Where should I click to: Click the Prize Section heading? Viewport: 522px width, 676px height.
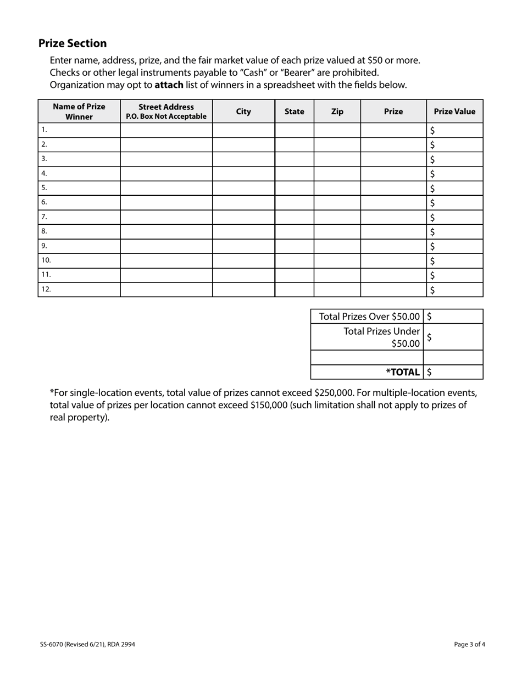tap(73, 43)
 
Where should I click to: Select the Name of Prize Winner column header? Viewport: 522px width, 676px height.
tap(79, 112)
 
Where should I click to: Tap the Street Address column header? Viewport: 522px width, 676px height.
tap(166, 112)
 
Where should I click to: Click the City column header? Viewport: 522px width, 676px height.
tap(243, 112)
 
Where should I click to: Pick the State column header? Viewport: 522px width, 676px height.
tap(295, 112)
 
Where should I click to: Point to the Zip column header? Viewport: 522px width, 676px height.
tap(337, 112)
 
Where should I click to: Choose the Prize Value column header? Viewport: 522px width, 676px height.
tap(454, 112)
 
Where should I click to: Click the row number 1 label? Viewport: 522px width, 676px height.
tap(45, 130)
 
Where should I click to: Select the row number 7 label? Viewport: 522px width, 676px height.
tap(45, 217)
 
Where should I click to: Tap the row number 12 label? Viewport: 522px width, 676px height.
tap(46, 289)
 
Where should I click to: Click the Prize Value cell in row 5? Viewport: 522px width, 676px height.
tap(455, 188)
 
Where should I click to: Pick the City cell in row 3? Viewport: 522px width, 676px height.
tap(243, 159)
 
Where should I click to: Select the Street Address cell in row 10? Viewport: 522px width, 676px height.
tap(166, 261)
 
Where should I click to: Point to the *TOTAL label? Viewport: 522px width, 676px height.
tap(403, 372)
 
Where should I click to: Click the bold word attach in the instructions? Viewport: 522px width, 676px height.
tap(169, 85)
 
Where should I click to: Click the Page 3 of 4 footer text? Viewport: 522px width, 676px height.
tap(470, 644)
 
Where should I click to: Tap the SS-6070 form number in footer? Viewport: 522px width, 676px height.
tap(50, 644)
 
